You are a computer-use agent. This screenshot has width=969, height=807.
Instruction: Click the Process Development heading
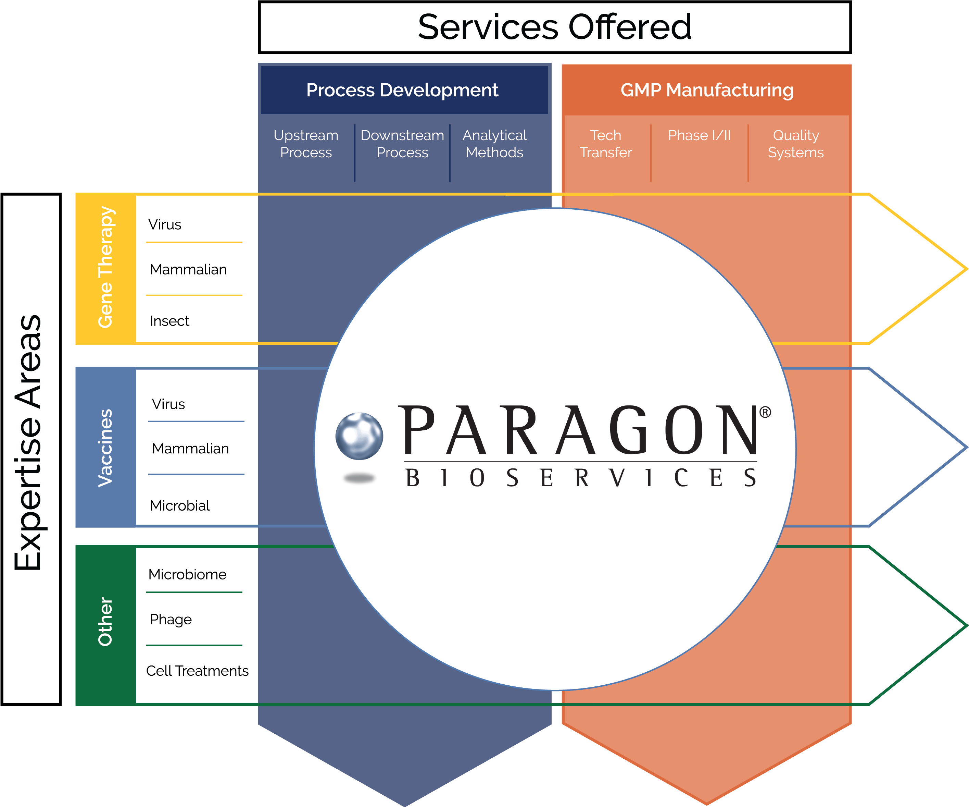pos(402,90)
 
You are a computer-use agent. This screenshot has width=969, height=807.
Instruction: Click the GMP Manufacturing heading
pos(707,90)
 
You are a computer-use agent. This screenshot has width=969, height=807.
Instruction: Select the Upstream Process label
pos(306,144)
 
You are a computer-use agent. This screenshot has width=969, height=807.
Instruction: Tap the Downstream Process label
pos(402,144)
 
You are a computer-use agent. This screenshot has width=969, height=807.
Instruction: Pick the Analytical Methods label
pos(494,144)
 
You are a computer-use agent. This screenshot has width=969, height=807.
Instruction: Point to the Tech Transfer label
pos(605,144)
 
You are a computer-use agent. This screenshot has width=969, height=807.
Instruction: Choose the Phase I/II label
pos(699,135)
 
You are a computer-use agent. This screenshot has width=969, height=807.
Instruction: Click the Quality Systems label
pos(795,144)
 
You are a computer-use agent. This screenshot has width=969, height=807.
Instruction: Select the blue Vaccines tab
pos(106,447)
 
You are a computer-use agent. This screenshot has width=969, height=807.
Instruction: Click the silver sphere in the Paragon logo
pos(359,436)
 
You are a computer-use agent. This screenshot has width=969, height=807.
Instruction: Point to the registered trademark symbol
pos(765,412)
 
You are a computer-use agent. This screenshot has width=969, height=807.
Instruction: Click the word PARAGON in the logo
pos(579,430)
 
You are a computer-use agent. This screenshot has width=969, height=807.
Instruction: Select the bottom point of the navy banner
pos(405,804)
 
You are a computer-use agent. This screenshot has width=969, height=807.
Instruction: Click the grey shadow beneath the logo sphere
pos(359,479)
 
